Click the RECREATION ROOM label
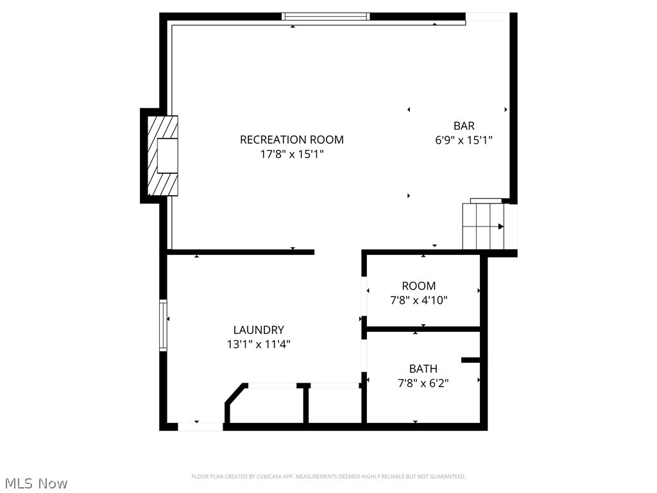[291, 139]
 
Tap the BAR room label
[464, 126]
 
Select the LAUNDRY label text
[259, 330]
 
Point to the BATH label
[423, 368]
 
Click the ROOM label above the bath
[418, 286]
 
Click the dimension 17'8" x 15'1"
[291, 154]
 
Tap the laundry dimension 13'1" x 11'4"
[259, 344]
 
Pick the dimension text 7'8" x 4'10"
[418, 300]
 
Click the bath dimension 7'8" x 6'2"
[423, 383]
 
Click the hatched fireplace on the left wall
[162, 155]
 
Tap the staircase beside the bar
[484, 226]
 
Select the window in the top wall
[327, 17]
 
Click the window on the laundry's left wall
[163, 325]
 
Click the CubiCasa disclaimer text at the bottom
[328, 476]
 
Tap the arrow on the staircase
[500, 226]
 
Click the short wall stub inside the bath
[471, 360]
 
